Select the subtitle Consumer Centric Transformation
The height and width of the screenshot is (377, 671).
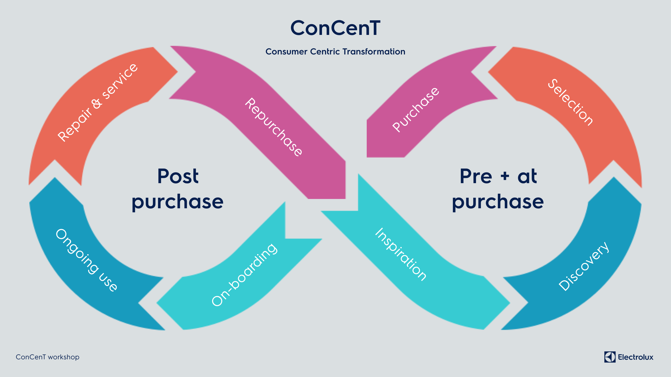335,51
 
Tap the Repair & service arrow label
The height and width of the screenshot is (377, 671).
97,102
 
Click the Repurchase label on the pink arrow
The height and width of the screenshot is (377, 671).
273,127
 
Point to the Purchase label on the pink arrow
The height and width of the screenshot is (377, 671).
416,110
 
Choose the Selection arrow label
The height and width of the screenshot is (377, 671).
570,102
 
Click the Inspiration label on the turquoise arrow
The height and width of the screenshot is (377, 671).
400,254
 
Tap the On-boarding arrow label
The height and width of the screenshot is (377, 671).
244,275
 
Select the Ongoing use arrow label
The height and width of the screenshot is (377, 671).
86,260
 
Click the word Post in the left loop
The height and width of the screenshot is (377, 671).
178,176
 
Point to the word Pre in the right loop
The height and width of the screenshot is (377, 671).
476,176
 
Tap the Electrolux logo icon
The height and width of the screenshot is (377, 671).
610,357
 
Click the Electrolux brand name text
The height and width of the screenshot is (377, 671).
636,357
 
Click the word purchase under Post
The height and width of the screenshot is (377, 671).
177,202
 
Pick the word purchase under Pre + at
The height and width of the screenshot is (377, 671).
498,202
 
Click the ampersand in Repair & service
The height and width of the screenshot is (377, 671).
97,103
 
